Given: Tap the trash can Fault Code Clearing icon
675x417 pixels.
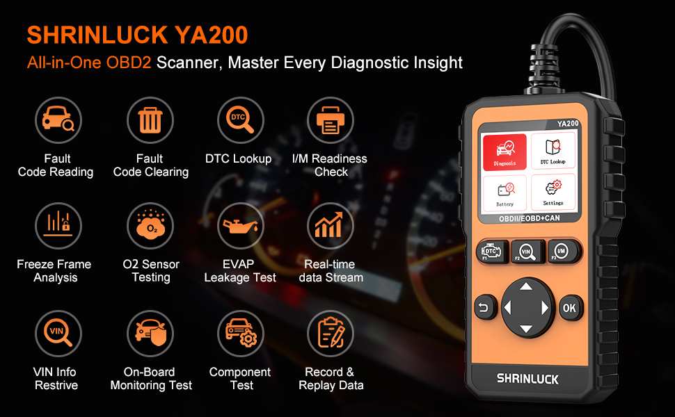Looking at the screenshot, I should [150, 120].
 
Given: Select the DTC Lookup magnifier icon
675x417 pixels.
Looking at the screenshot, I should [240, 120].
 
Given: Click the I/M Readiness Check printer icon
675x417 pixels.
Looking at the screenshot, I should [331, 120].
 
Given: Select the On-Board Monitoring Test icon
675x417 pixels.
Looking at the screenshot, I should [150, 333].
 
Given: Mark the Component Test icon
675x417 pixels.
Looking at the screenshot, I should [240, 333].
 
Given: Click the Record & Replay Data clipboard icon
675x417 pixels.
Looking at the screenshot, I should [331, 333].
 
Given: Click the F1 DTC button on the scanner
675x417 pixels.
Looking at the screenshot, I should [491, 252].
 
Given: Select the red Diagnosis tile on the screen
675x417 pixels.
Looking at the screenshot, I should [505, 152].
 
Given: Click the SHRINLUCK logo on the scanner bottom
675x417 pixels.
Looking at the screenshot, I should [527, 379].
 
